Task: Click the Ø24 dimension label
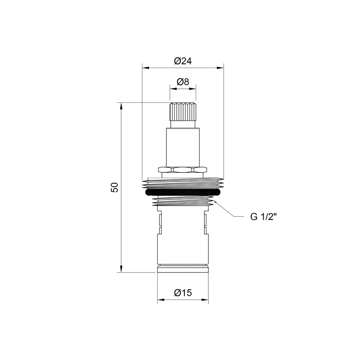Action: (x=183, y=61)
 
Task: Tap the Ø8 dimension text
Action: (x=183, y=82)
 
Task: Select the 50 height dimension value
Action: (x=114, y=187)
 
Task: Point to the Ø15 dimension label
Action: (x=183, y=293)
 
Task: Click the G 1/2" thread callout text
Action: (x=264, y=216)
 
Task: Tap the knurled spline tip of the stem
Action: (x=183, y=112)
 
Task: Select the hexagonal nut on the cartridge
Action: (x=182, y=170)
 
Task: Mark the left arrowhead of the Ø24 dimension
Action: (x=146, y=68)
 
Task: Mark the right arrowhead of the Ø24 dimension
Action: (x=220, y=68)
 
